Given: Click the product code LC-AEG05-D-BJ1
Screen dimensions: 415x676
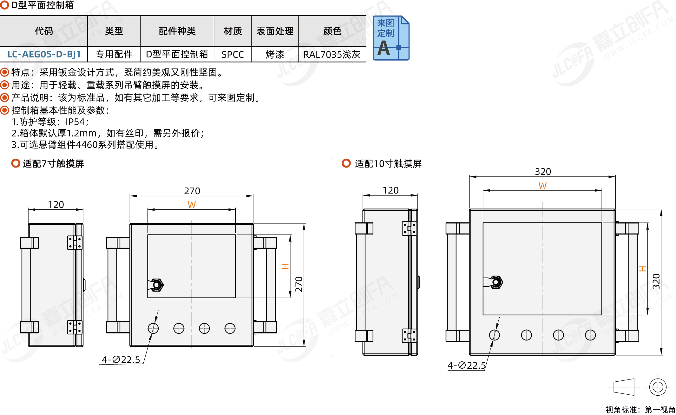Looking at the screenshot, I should [44, 54].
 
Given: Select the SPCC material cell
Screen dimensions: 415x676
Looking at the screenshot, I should [233, 55].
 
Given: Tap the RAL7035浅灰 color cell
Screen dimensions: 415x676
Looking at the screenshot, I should [332, 55].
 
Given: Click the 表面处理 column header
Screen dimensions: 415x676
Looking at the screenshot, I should [275, 31].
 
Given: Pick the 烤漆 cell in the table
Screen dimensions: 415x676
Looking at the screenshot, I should [275, 55].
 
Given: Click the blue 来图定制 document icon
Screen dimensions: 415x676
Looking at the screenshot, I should [391, 38].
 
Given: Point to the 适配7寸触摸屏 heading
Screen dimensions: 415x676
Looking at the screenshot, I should [53, 164].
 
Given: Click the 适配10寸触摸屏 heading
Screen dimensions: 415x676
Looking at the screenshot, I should [388, 164].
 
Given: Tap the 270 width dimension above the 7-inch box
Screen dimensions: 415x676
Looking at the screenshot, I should [192, 191].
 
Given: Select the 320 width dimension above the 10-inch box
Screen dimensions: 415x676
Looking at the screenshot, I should [543, 172].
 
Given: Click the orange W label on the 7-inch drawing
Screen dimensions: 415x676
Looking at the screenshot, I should [192, 205].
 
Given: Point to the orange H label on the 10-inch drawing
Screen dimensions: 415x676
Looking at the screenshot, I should [642, 269].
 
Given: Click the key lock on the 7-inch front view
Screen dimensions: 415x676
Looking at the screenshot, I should [156, 285].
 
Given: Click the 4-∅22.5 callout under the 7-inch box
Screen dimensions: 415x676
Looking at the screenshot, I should [121, 360].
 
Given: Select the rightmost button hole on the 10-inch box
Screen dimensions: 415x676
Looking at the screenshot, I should [590, 335].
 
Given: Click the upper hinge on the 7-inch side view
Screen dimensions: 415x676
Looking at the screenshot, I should [75, 243].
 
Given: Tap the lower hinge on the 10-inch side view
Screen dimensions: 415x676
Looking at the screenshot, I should [409, 336].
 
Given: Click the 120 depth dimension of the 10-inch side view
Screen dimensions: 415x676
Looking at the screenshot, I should [390, 190].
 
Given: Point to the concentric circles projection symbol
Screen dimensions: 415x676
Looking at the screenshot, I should [658, 387].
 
